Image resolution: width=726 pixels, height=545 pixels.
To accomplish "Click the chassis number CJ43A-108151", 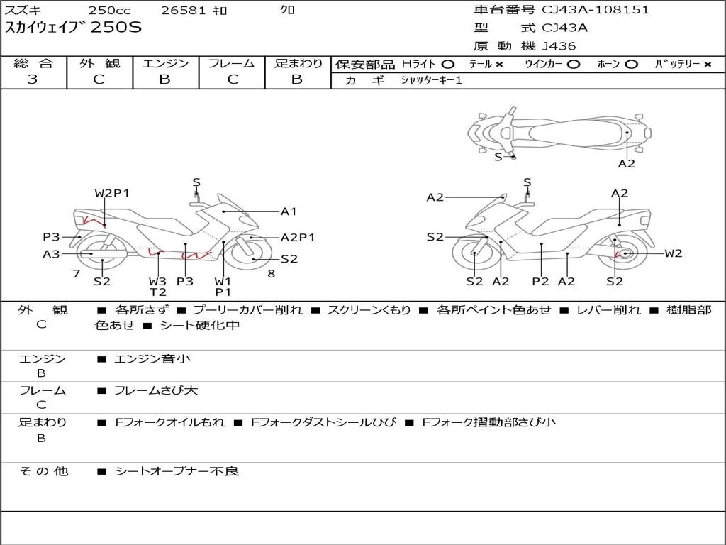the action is pos(596,10).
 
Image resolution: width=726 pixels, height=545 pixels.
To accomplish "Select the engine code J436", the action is pos(559,46).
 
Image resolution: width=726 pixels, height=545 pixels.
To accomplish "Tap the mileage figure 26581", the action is pos(183,10).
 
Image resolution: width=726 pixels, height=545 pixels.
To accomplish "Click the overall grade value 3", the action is pos(33,79).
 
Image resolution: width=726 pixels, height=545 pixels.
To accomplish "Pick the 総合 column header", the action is pos(33,63).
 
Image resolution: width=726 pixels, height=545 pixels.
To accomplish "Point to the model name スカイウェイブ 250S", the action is pos(73,28).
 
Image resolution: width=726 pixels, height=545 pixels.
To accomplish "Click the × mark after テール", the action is pos(499,65).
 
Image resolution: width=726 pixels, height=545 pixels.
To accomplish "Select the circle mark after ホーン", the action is pos(631,65).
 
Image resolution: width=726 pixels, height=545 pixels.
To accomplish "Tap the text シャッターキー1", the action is pos(431,81).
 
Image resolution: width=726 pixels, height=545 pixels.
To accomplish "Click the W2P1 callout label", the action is pos(112,193).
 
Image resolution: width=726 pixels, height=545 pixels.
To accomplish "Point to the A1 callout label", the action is pos(289,211).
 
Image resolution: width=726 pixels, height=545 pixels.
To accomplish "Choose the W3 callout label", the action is pos(157,281).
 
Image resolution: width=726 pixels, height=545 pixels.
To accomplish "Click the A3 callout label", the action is pos(51,254).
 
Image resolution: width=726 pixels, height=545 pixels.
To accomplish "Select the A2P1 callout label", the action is pos(298,238).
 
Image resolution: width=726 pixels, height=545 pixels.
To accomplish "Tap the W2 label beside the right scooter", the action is pos(674,253).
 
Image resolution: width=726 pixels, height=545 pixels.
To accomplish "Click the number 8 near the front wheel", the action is pos(272,274).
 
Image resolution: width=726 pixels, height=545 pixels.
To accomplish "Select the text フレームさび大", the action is pos(156,391).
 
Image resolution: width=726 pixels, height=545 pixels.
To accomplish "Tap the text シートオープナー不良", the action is pos(177,471).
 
